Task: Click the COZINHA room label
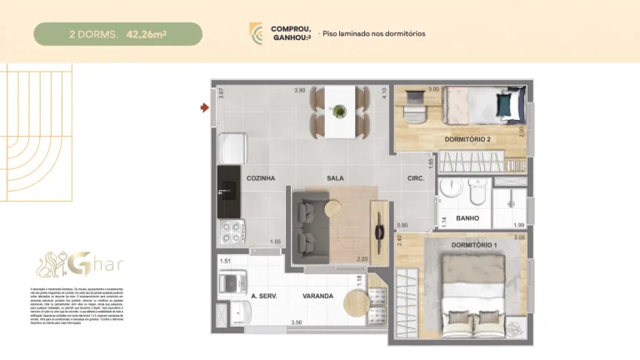(x=261, y=178)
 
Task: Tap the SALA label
(x=336, y=178)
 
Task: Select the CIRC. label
(x=416, y=178)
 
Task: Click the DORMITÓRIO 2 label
(x=467, y=138)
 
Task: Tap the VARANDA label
(x=318, y=296)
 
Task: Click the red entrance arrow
(x=203, y=107)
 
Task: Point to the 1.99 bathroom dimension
(x=519, y=226)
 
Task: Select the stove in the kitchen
(x=229, y=231)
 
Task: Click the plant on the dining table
(x=339, y=109)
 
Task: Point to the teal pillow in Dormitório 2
(x=505, y=106)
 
